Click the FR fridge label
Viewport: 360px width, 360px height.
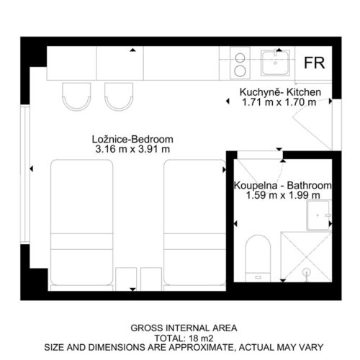(x=315, y=63)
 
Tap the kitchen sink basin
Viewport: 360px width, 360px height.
(x=275, y=63)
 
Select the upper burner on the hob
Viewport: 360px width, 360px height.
(x=240, y=58)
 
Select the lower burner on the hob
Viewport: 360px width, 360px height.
(x=240, y=71)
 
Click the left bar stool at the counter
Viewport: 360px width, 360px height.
(x=76, y=96)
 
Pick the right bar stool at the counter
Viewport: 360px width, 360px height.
(x=119, y=96)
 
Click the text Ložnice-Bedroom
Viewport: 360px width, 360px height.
(x=132, y=139)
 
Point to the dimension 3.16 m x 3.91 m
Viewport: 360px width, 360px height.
(x=132, y=149)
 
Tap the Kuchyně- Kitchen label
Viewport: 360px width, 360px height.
(x=280, y=92)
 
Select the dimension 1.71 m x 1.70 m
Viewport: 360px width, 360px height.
(x=279, y=102)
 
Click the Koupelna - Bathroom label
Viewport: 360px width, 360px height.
(x=283, y=186)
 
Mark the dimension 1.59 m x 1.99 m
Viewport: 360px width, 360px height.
(x=283, y=195)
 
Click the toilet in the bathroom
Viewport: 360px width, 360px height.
(x=258, y=258)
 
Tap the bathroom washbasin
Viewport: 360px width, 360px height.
(x=319, y=215)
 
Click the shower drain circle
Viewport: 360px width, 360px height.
(x=307, y=272)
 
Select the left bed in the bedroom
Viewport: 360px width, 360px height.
(x=82, y=225)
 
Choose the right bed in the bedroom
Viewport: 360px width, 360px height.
(x=194, y=225)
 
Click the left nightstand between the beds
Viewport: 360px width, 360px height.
(x=126, y=279)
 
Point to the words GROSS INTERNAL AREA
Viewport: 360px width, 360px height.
(x=184, y=328)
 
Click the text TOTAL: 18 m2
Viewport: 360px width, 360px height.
(x=184, y=338)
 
